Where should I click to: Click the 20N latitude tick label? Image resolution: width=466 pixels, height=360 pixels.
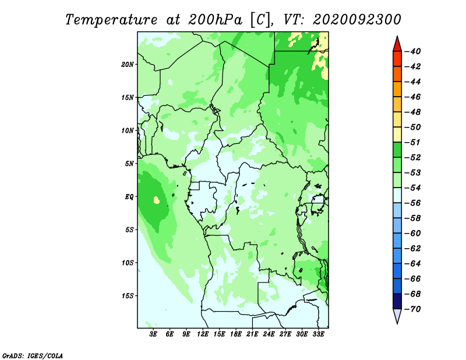(127, 65)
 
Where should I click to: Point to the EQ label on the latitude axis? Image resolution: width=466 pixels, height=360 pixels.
(129, 197)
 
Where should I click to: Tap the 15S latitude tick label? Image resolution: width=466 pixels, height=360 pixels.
(128, 296)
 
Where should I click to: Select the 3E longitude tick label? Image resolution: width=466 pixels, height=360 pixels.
(153, 334)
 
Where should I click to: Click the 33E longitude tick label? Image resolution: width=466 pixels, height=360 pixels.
(318, 334)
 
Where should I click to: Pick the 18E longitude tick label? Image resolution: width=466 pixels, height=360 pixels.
(236, 334)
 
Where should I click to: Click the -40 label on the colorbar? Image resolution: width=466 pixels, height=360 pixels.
(413, 51)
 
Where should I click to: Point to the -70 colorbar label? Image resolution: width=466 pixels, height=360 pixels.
(413, 309)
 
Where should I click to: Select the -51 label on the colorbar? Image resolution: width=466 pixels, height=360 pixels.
(413, 142)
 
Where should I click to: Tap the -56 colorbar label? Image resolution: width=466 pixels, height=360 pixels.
(413, 203)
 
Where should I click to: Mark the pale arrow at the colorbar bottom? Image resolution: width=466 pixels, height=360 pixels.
(397, 316)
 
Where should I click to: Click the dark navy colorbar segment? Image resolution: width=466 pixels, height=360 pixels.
(397, 301)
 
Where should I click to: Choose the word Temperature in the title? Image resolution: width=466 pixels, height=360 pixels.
(111, 20)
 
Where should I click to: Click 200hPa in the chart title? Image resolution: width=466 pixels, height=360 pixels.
(215, 20)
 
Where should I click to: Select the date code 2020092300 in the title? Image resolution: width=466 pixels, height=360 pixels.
(356, 20)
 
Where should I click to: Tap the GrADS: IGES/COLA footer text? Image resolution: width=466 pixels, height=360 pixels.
(33, 355)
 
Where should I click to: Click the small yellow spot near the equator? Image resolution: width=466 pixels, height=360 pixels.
(156, 200)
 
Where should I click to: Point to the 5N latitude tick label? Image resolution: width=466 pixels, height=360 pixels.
(129, 164)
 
